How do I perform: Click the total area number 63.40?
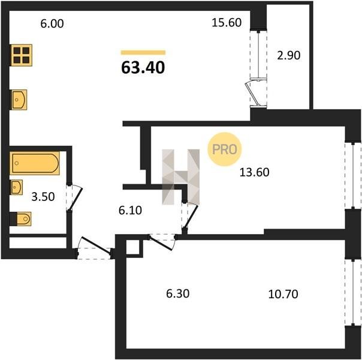(143, 68)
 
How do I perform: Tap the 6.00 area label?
(52, 24)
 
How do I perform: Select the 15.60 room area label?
(227, 23)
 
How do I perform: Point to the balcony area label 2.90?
(289, 55)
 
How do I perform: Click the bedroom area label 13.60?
(254, 172)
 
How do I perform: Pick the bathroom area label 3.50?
(43, 197)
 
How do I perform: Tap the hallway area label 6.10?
(130, 211)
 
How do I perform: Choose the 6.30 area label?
(178, 293)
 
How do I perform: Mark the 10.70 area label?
(283, 295)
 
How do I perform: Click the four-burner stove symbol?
(21, 55)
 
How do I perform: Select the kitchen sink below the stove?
(19, 100)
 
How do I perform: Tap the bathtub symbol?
(35, 163)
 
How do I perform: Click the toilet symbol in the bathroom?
(20, 218)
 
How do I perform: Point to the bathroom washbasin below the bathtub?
(16, 187)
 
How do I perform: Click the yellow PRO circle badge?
(224, 149)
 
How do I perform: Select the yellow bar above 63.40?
(143, 52)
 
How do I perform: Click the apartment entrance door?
(95, 248)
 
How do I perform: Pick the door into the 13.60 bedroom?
(190, 215)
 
